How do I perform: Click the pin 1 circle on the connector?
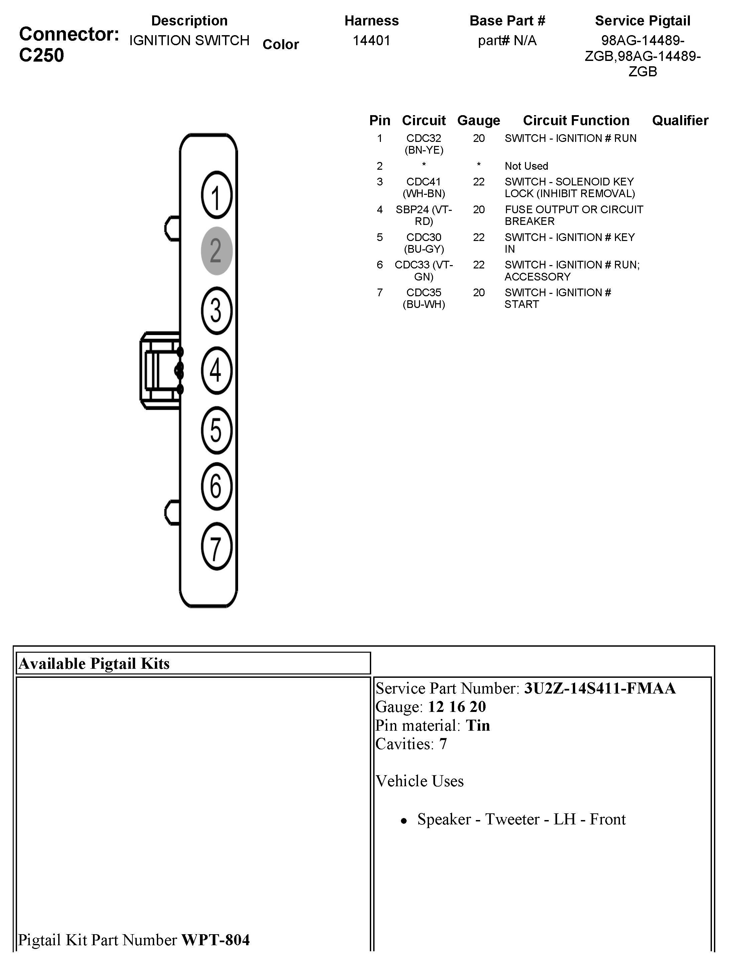click(x=216, y=195)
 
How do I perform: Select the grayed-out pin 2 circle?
click(x=216, y=251)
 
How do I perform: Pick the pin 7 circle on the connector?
click(x=216, y=547)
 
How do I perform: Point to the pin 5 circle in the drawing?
click(x=216, y=430)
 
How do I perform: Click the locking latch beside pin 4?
click(x=160, y=371)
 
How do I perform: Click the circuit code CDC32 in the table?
click(x=423, y=139)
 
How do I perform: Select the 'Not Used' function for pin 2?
click(x=526, y=166)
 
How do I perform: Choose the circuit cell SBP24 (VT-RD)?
click(x=423, y=216)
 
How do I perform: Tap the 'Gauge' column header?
click(x=478, y=120)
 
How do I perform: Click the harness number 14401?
click(x=371, y=41)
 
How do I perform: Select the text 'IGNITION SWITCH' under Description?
click(x=189, y=41)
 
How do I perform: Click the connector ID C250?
click(x=41, y=56)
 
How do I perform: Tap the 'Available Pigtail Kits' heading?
click(x=94, y=664)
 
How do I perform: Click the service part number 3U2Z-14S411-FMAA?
click(x=600, y=689)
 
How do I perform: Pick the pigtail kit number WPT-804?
click(x=215, y=940)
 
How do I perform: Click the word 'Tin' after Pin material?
click(x=478, y=726)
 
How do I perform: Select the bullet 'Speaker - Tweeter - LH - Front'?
click(x=521, y=819)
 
